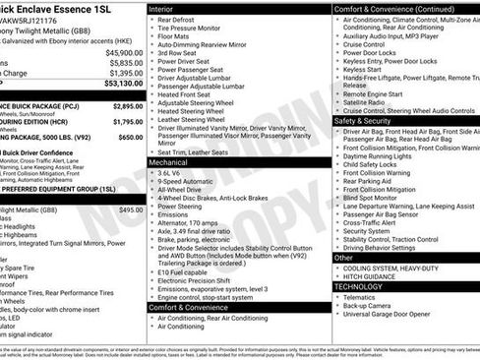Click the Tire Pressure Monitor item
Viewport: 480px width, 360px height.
tap(194, 29)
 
